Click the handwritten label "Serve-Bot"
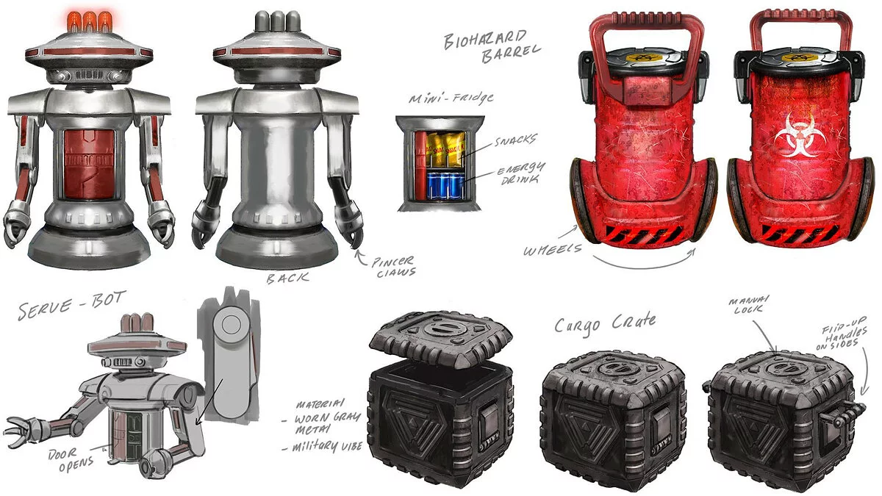tap(72, 305)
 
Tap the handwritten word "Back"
tap(287, 278)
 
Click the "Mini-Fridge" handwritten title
tap(451, 98)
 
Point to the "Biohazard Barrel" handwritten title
tap(492, 46)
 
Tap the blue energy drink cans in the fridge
tap(445, 187)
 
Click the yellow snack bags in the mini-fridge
tap(445, 150)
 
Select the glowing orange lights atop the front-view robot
tap(89, 21)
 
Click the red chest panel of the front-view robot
tap(89, 165)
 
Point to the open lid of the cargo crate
tap(441, 339)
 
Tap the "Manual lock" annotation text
tap(748, 304)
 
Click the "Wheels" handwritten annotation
tap(552, 250)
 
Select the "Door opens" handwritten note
tap(70, 459)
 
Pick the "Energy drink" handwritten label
tap(521, 173)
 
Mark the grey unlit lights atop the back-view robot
tap(277, 21)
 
